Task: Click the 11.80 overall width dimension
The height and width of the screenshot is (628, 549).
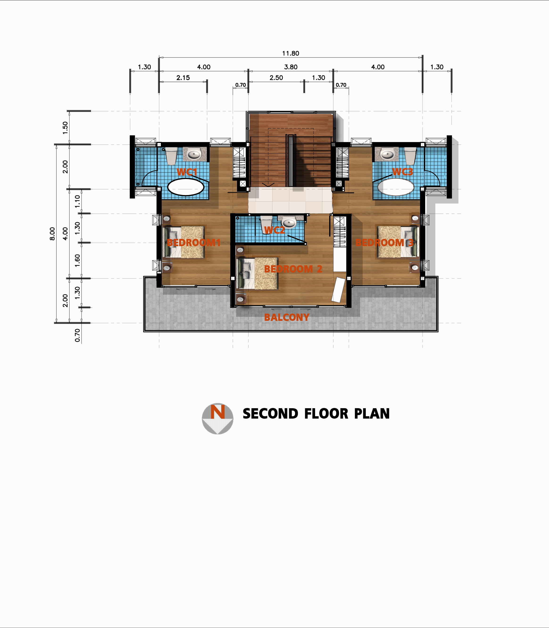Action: pyautogui.click(x=291, y=53)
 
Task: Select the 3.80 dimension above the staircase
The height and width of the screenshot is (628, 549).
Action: pyautogui.click(x=291, y=67)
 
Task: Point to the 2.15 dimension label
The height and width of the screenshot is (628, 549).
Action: pyautogui.click(x=183, y=78)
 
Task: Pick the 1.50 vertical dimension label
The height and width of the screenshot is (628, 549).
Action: pyautogui.click(x=65, y=128)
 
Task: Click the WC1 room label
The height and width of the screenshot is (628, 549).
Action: pyautogui.click(x=187, y=172)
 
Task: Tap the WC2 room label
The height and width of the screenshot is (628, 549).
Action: pyautogui.click(x=274, y=230)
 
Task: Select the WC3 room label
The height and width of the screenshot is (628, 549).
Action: pyautogui.click(x=403, y=172)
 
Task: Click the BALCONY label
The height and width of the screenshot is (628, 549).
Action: pyautogui.click(x=287, y=317)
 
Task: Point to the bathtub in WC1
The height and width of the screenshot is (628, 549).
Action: pyautogui.click(x=186, y=187)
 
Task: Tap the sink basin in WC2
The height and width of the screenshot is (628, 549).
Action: pyautogui.click(x=289, y=223)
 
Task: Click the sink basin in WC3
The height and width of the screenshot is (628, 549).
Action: pyautogui.click(x=387, y=154)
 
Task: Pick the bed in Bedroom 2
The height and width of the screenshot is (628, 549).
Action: pyautogui.click(x=258, y=273)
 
